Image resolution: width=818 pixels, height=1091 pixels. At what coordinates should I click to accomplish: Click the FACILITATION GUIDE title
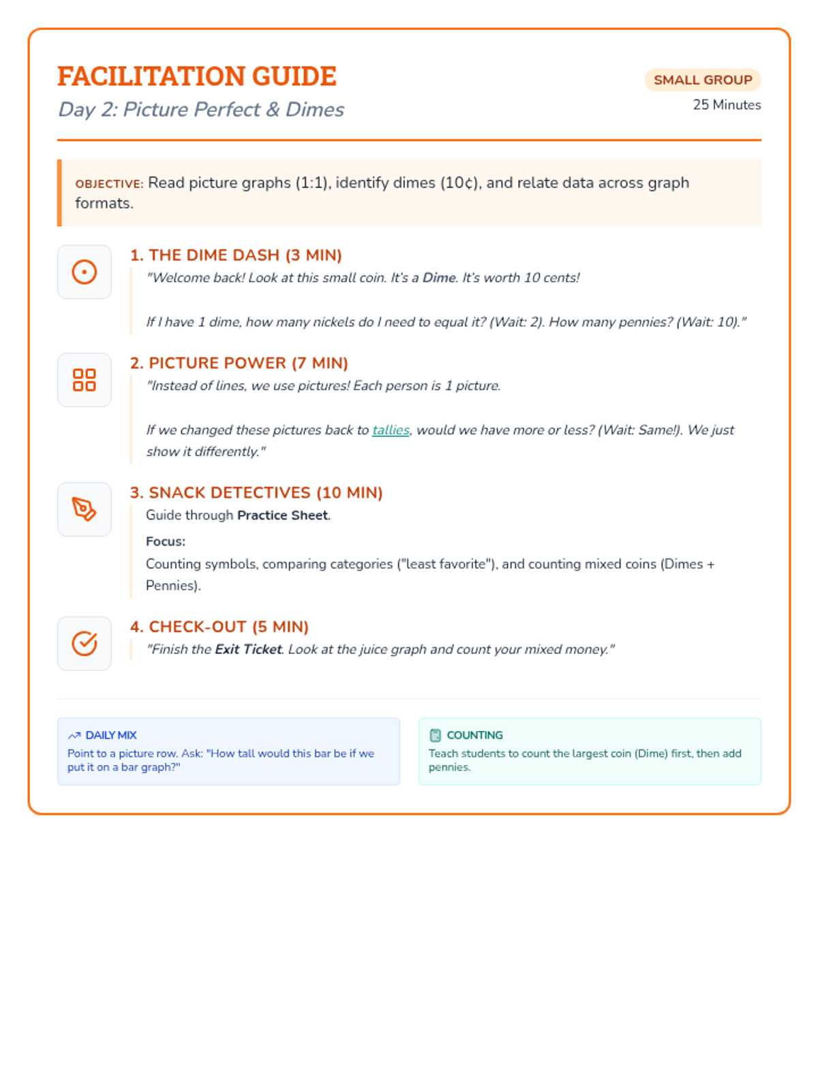(196, 76)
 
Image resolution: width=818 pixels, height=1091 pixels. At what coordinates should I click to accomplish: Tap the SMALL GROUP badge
(703, 80)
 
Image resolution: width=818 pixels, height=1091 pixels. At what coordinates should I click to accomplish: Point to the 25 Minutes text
(727, 105)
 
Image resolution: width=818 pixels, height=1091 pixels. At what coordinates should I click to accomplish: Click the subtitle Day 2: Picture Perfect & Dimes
(201, 110)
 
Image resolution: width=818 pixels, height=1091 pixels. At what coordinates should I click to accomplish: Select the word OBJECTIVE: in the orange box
(109, 184)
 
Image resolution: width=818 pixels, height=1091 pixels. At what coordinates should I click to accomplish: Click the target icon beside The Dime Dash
(85, 272)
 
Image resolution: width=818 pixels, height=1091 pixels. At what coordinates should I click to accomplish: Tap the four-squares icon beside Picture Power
(85, 380)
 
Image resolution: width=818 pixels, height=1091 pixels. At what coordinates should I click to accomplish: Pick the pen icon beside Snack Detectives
(85, 509)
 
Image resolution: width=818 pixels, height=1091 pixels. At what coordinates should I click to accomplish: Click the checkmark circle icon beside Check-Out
(85, 644)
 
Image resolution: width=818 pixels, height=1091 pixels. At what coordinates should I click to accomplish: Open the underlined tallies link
(391, 430)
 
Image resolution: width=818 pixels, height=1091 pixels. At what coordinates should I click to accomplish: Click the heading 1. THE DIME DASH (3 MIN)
(236, 255)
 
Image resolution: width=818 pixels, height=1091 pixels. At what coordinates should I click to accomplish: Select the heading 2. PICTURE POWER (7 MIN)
(239, 363)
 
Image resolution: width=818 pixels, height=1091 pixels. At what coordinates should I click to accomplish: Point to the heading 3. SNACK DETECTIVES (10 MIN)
(256, 492)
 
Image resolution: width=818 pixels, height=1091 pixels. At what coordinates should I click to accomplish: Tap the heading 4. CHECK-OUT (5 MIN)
(219, 627)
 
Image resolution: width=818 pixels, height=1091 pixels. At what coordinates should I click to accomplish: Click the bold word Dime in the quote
(439, 278)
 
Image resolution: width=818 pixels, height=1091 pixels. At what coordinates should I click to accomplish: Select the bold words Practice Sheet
(282, 515)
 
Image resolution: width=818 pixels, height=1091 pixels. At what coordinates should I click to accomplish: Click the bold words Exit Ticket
(248, 650)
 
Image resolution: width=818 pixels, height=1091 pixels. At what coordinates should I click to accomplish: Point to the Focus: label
(166, 541)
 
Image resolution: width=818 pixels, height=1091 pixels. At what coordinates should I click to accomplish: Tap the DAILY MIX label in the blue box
(111, 735)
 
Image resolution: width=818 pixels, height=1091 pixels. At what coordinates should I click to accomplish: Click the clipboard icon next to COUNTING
(436, 735)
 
